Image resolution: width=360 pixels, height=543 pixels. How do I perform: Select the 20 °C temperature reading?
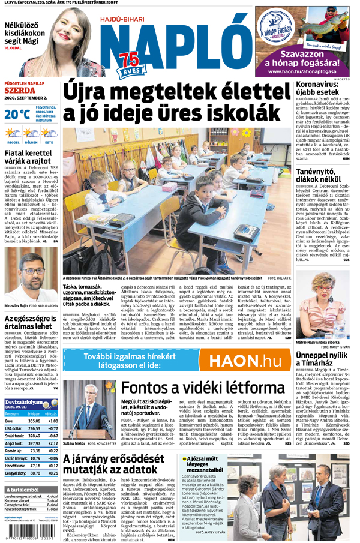(x=16, y=113)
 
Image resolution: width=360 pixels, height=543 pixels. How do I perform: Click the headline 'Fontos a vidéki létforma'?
(x=203, y=388)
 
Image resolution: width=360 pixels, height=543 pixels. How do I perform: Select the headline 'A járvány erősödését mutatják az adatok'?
(x=111, y=470)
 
